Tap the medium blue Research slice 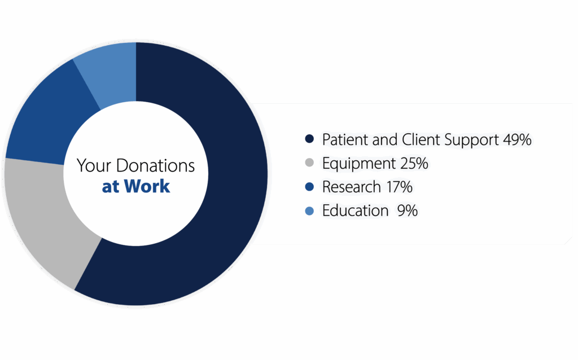(x=48, y=118)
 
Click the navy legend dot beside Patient (x=309, y=139)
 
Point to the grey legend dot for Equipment (x=309, y=163)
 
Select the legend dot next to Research (x=309, y=187)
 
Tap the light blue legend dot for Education (x=309, y=211)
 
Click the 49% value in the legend (x=517, y=139)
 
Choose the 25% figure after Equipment (x=414, y=163)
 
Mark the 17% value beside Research (x=399, y=187)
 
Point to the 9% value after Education (x=408, y=211)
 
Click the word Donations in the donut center (x=155, y=165)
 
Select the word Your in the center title (x=94, y=165)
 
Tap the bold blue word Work (x=147, y=186)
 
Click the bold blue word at (x=111, y=187)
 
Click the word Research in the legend (x=351, y=187)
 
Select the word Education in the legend (x=356, y=211)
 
